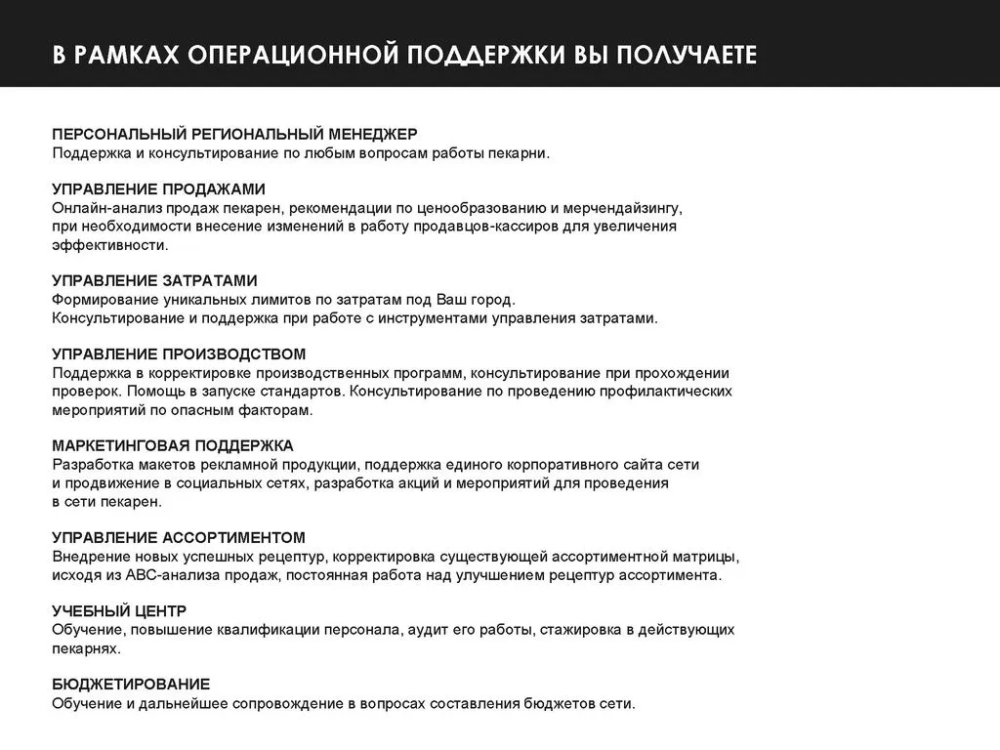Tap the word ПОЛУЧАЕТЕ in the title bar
coord(686,55)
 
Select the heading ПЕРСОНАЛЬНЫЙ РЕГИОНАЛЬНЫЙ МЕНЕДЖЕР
coord(234,134)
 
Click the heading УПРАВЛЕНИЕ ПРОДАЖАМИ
coord(158,188)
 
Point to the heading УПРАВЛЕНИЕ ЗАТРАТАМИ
coord(154,280)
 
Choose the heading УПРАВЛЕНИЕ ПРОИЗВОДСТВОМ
coord(179,354)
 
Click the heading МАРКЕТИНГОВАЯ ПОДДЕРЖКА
coord(173,445)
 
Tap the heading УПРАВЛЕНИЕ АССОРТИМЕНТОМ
coord(179,537)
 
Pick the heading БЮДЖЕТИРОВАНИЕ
coord(131,684)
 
